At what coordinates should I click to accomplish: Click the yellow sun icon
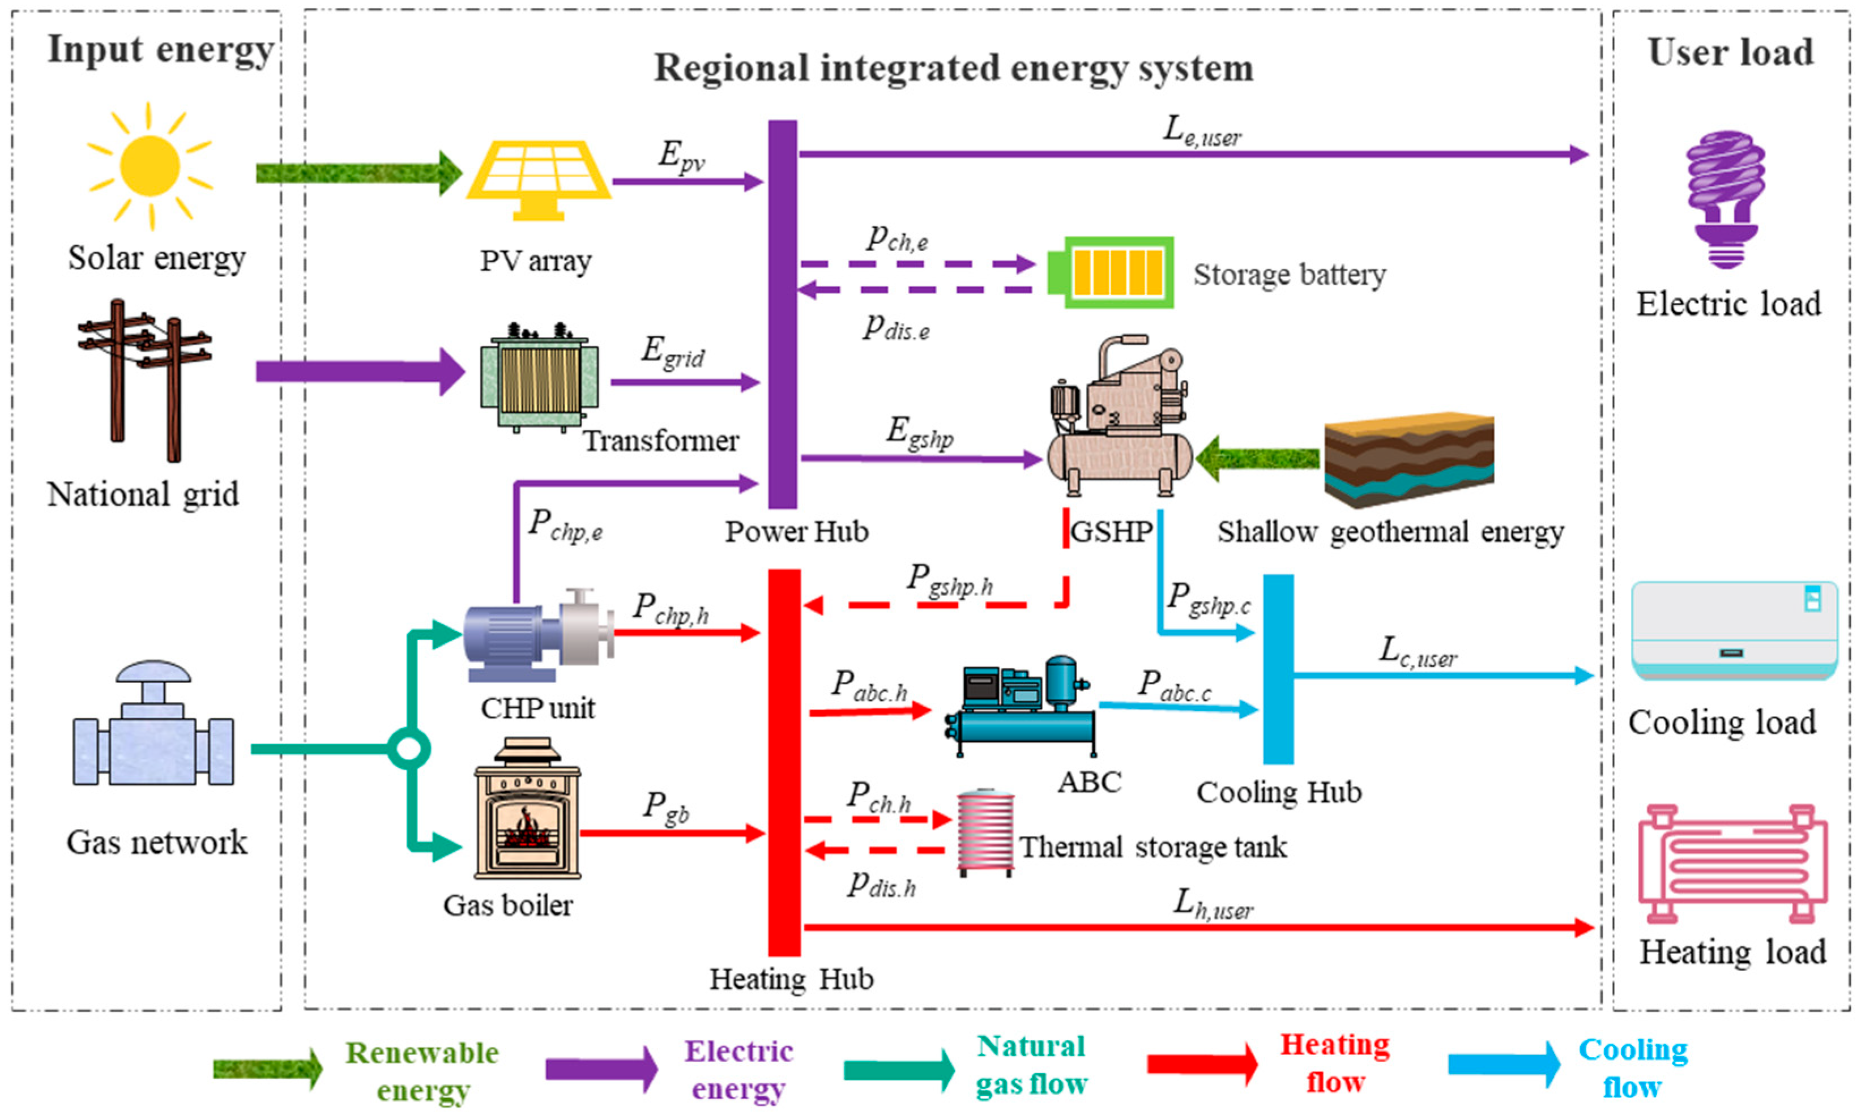150,165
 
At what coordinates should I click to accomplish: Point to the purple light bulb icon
1726,199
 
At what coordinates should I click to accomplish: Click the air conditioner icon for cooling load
1734,630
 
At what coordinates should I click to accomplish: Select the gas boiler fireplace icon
527,810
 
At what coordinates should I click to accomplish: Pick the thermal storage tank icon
985,832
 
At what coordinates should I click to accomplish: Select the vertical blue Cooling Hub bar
1278,669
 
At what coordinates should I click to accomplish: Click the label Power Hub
796,532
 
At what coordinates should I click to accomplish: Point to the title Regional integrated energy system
953,69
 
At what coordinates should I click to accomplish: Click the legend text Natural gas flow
1031,1065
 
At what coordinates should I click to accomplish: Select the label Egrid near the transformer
673,352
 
